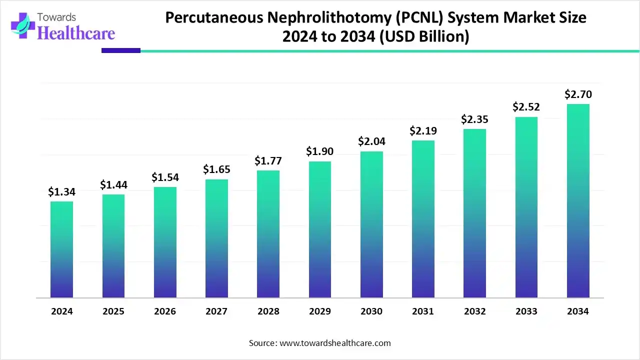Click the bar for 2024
click(61, 249)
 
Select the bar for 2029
click(319, 229)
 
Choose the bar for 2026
click(165, 242)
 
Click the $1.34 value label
click(61, 192)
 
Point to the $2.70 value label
click(578, 94)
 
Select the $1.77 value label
click(268, 161)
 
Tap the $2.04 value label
click(371, 141)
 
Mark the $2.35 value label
click(474, 119)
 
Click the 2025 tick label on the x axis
click(113, 311)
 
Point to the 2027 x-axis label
click(216, 311)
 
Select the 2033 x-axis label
click(526, 311)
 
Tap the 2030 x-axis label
click(371, 311)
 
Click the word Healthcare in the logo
click(76, 33)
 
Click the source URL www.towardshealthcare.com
click(334, 343)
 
